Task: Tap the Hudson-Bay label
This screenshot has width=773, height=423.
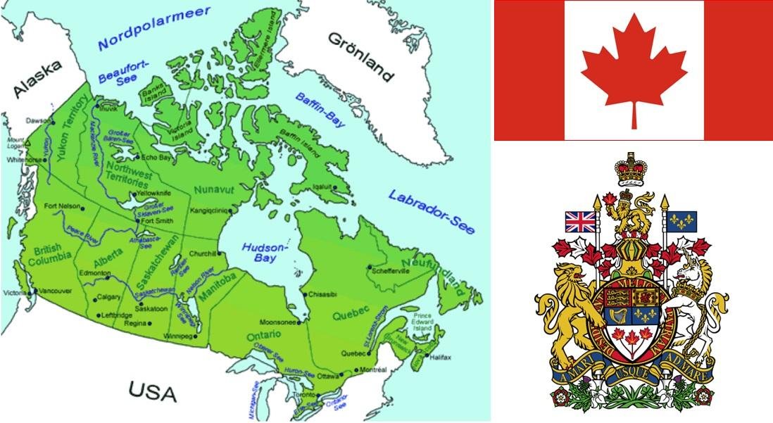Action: [265, 253]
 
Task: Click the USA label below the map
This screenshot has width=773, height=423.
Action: [152, 391]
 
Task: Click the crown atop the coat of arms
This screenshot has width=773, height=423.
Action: [630, 169]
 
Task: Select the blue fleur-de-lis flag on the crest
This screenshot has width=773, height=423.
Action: [681, 221]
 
